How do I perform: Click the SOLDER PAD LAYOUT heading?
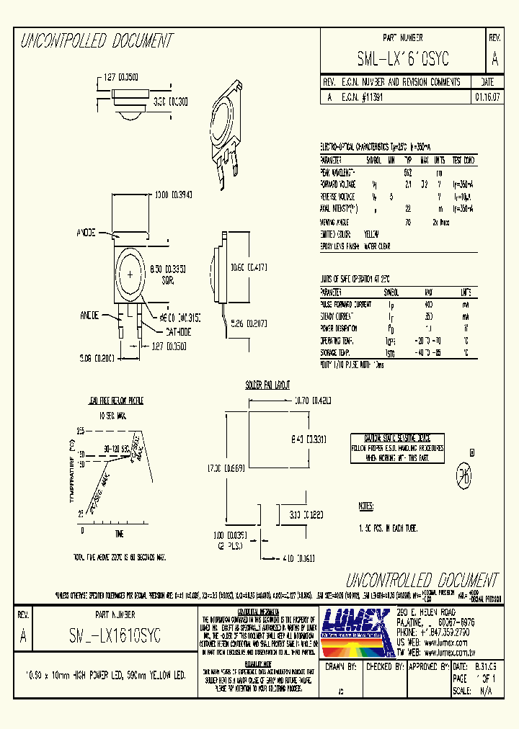(268, 385)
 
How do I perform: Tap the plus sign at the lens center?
(130, 275)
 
